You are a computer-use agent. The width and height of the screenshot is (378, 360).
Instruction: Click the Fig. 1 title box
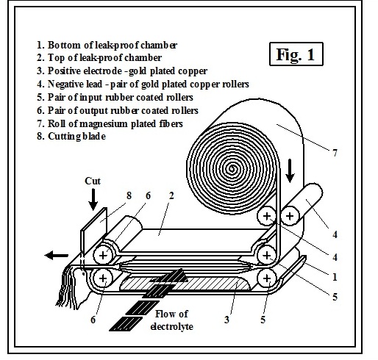pos(296,54)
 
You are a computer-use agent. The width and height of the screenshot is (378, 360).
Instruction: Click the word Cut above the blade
pos(93,181)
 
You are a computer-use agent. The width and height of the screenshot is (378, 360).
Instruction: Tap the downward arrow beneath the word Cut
pos(93,199)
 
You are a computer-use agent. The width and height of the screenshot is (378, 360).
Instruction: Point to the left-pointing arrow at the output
pos(57,256)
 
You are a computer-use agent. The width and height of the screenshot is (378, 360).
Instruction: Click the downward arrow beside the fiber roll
pos(290,171)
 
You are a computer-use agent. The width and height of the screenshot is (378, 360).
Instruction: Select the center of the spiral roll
pos(232,169)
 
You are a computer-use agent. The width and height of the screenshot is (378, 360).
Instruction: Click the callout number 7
pos(335,153)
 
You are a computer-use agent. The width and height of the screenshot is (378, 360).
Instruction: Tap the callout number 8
pos(129,195)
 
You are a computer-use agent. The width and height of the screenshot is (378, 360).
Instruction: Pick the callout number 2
pos(171,195)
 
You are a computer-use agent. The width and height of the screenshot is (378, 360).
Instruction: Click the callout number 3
pos(227,320)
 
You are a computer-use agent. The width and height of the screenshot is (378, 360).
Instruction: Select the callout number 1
pos(335,277)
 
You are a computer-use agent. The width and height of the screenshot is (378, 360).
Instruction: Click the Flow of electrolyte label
pos(171,320)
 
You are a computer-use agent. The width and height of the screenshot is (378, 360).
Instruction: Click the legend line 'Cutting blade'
pos(71,136)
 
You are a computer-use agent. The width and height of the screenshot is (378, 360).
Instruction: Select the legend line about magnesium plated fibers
pos(110,123)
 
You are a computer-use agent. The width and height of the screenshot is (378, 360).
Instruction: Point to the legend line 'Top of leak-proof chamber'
pos(99,58)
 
